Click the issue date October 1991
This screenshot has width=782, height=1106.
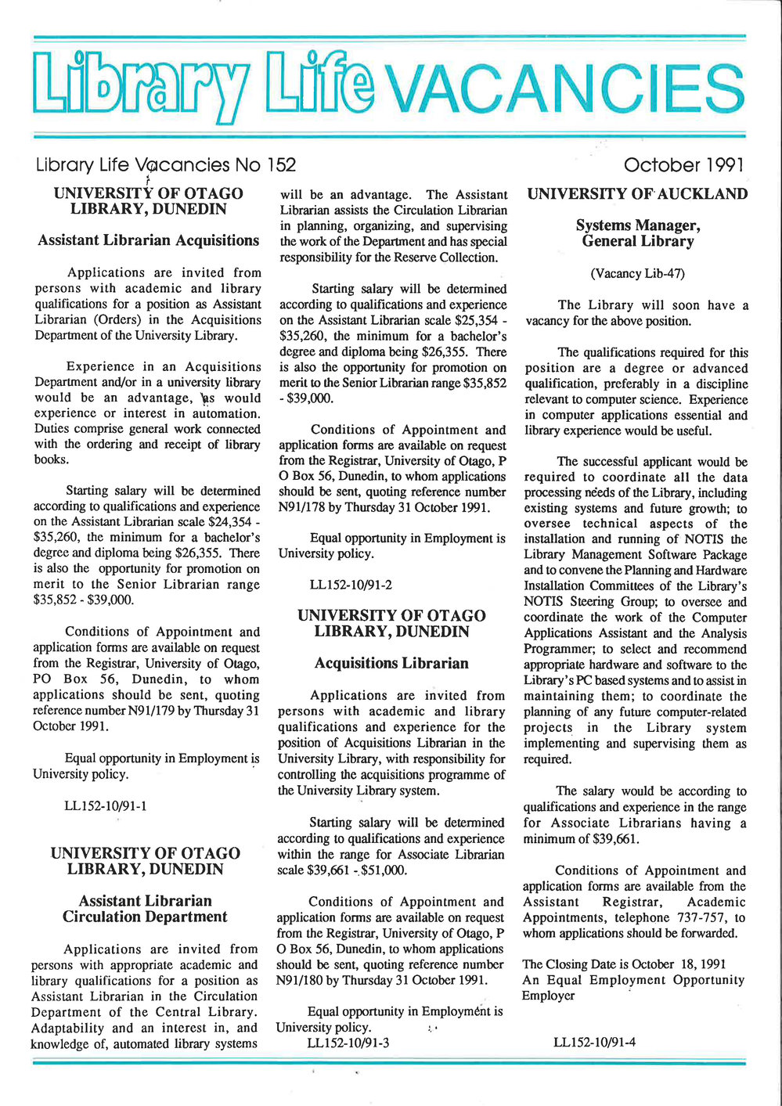tap(683, 165)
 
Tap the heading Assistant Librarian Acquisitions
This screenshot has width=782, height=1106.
tap(148, 240)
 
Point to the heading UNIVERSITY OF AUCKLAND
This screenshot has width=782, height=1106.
tap(637, 194)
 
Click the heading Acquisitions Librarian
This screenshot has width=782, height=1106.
tap(391, 664)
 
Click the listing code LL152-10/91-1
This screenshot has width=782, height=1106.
tap(106, 805)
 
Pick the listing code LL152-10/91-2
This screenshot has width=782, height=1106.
tap(351, 585)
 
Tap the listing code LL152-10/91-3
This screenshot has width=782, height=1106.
tap(348, 1043)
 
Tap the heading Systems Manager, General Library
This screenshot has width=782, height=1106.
tap(637, 233)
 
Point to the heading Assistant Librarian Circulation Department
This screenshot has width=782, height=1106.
tap(145, 909)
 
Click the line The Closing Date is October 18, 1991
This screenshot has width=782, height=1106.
tap(624, 964)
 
